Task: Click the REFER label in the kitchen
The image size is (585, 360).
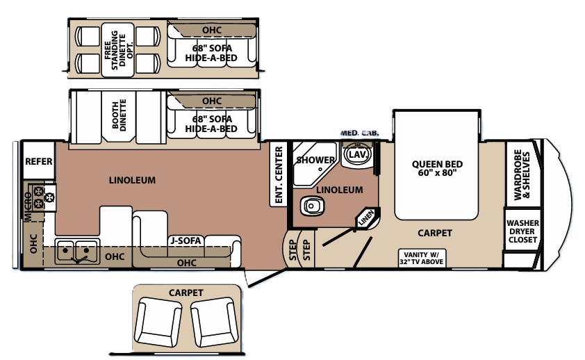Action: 38,161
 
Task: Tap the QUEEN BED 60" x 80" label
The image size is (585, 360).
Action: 437,168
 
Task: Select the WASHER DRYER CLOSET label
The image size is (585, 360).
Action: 522,231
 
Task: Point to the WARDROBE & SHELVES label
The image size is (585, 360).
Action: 522,174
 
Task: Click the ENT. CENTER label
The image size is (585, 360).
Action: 279,175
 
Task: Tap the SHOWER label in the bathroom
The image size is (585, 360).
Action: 315,160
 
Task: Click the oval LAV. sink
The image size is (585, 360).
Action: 358,154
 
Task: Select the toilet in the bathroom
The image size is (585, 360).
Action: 312,206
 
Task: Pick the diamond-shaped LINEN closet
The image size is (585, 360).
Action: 367,218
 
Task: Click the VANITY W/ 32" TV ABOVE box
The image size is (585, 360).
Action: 422,258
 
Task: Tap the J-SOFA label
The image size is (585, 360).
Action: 186,240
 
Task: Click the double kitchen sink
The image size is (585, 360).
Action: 77,252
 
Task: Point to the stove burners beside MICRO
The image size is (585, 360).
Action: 44,197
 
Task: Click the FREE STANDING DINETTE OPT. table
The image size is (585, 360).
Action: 117,49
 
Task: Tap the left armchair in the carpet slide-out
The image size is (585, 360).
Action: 158,322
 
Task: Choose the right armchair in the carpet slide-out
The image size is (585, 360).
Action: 214,322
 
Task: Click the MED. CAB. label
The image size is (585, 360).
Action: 359,133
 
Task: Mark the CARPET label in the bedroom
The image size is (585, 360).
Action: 435,233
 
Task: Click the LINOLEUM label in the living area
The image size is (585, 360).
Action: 132,180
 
